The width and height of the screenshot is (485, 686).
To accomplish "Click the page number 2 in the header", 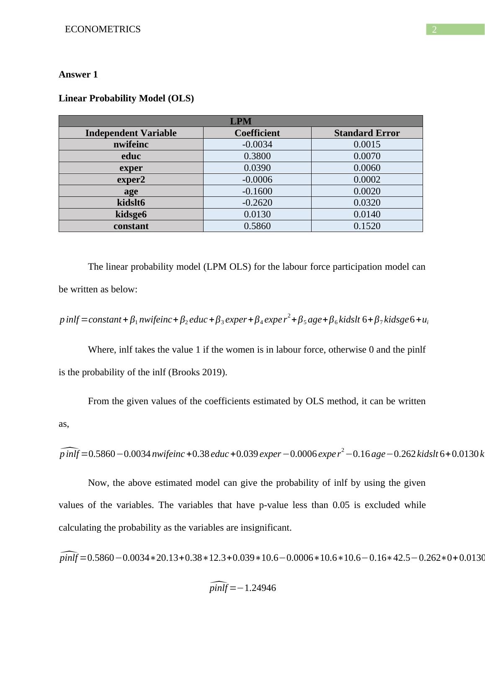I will click(x=434, y=29).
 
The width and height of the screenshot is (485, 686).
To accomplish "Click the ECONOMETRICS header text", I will click(x=103, y=29).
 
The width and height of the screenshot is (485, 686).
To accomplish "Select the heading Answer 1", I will click(x=78, y=75).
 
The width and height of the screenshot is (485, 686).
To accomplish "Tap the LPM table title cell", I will click(x=240, y=121).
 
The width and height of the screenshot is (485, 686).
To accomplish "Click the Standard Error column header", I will click(x=367, y=133).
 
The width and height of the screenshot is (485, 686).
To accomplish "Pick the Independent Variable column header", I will click(x=131, y=133).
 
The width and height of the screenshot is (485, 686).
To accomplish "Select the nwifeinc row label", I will click(x=131, y=144).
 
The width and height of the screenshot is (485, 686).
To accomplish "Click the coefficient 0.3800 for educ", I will click(x=257, y=156).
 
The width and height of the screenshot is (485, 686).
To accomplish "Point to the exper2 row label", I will click(x=131, y=180).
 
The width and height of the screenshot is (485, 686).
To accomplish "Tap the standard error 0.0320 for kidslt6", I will click(x=367, y=203).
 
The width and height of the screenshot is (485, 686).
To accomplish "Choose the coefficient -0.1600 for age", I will click(x=257, y=191).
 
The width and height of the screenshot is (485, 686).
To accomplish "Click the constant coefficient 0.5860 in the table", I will click(x=257, y=226).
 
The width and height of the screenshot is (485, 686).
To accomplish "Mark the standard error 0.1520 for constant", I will click(x=367, y=226).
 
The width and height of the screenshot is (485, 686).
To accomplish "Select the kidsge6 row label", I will click(x=131, y=214).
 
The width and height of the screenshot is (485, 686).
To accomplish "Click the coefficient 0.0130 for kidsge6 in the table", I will click(x=257, y=214).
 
